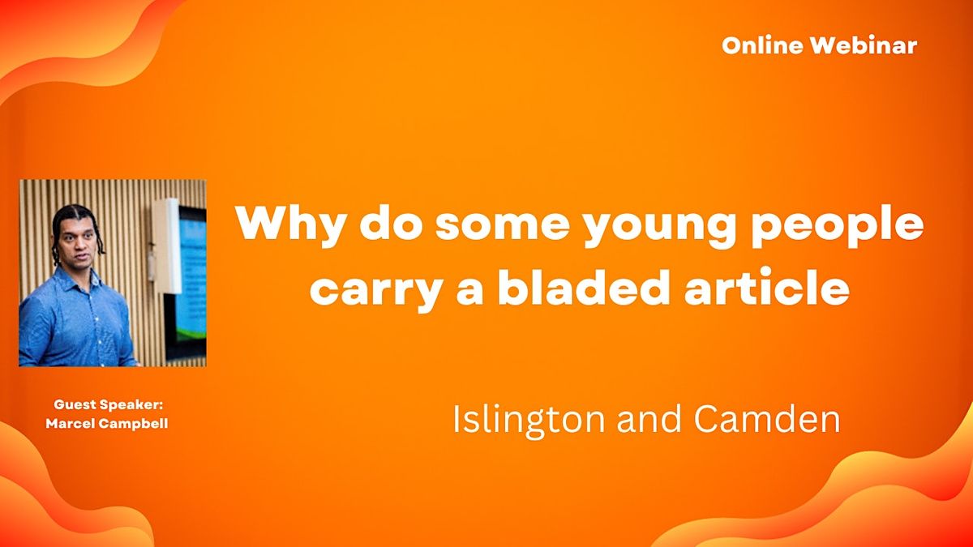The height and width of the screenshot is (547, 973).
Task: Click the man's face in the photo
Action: pos(76,240)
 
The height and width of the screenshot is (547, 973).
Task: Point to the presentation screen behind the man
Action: pos(191,276)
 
